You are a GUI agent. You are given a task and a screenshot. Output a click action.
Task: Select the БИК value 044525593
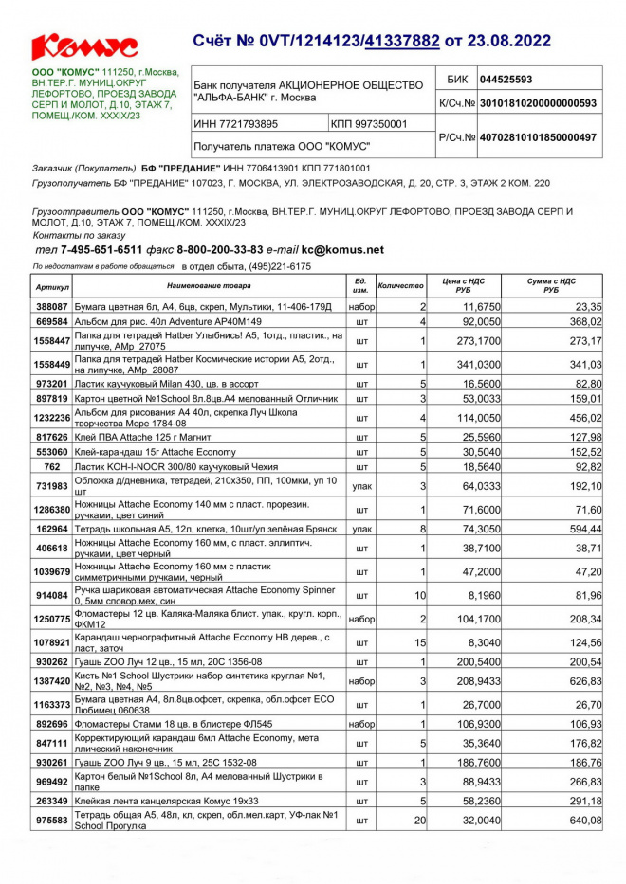tap(506, 80)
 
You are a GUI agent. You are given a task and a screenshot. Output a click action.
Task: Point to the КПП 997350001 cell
tap(370, 124)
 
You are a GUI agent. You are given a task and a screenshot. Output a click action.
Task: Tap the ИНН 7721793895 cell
tap(236, 124)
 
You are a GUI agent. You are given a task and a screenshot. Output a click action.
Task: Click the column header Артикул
tap(53, 286)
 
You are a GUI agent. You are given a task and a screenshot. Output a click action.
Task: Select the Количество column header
tap(400, 286)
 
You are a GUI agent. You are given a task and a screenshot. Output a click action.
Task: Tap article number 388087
tap(52, 307)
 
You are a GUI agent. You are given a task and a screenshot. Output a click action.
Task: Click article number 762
tap(52, 466)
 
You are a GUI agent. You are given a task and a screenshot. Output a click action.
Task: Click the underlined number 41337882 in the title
tap(401, 41)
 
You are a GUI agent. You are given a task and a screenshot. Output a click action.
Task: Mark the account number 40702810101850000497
tap(538, 138)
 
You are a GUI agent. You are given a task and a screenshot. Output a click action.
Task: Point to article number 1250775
tap(52, 619)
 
